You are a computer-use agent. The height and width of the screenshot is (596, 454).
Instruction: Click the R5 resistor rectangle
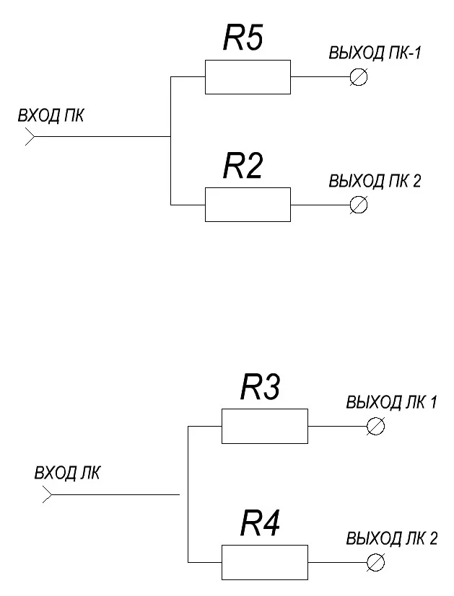pos(248,77)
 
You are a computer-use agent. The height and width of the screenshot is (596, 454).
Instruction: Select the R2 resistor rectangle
pos(248,205)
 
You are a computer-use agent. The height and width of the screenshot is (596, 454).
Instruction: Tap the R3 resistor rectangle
pos(264,426)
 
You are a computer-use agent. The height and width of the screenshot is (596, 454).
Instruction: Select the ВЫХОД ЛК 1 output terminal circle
pos(375,426)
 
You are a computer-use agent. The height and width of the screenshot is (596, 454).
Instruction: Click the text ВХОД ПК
pos(51,116)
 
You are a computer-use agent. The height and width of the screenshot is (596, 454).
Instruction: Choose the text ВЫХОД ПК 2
pos(375,182)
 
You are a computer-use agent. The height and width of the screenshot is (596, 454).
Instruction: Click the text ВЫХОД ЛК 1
pos(391,403)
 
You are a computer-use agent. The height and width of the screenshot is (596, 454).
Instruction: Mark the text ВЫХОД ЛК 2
pos(391,538)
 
